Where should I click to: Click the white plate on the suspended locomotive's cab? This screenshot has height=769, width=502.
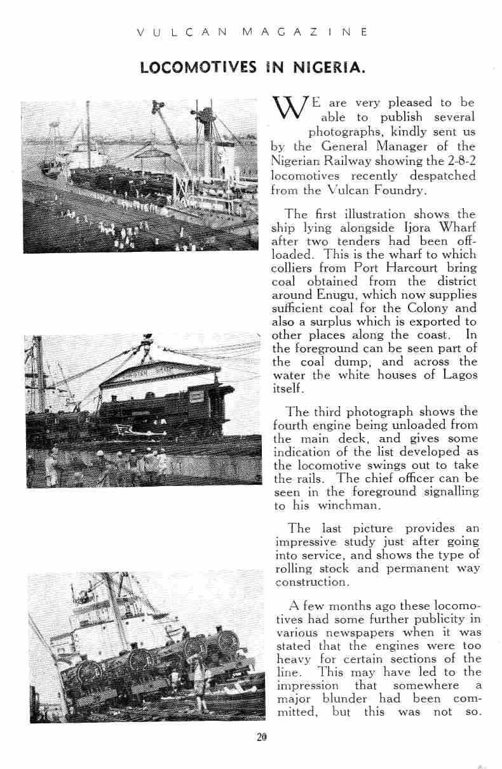(x=198, y=397)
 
